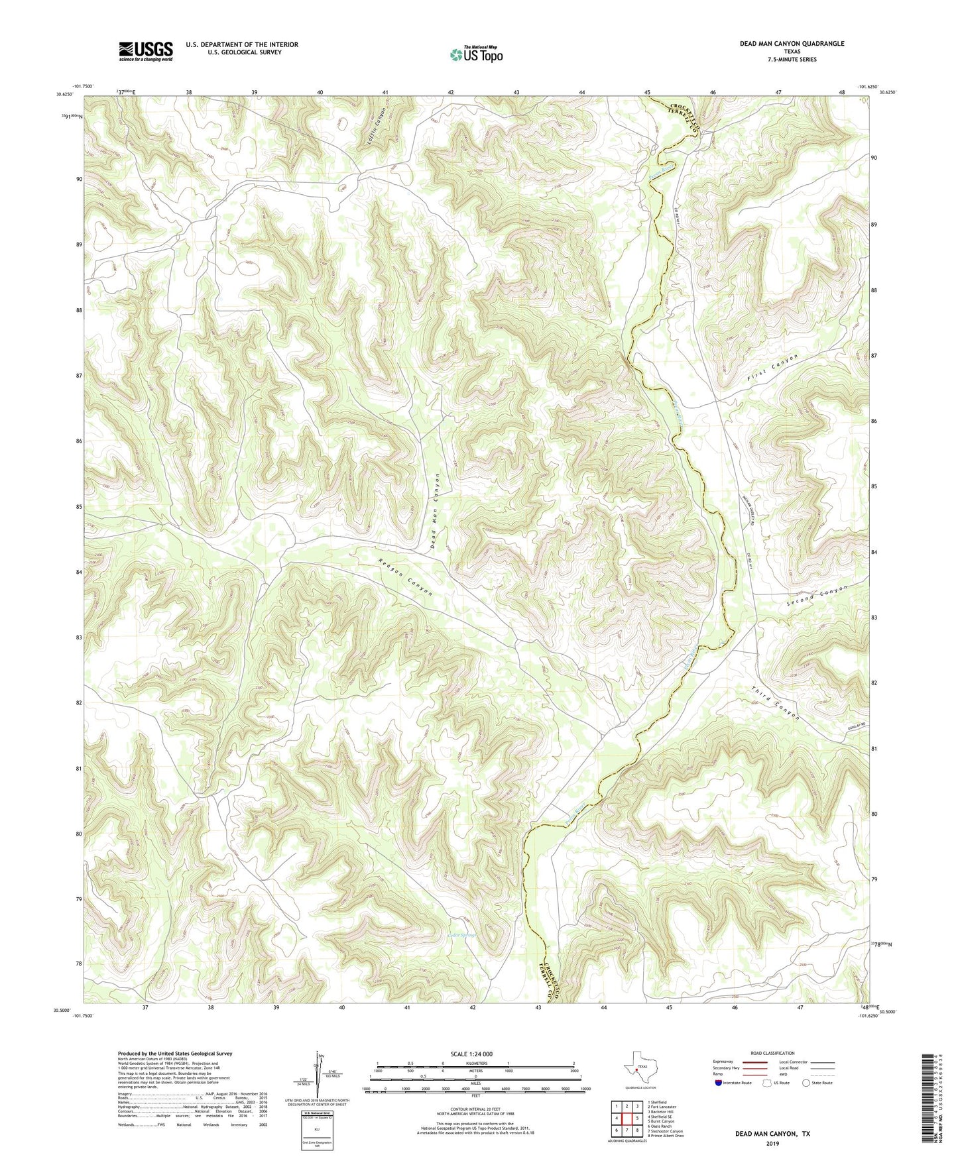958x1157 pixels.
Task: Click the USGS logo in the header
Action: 146,50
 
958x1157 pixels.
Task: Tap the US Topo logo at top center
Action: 475,54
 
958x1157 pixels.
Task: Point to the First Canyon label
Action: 773,367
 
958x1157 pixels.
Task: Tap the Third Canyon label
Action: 776,703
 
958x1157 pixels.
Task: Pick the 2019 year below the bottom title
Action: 772,1143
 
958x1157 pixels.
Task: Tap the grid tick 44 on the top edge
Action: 581,92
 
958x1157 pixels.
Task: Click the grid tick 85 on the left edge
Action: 79,507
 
